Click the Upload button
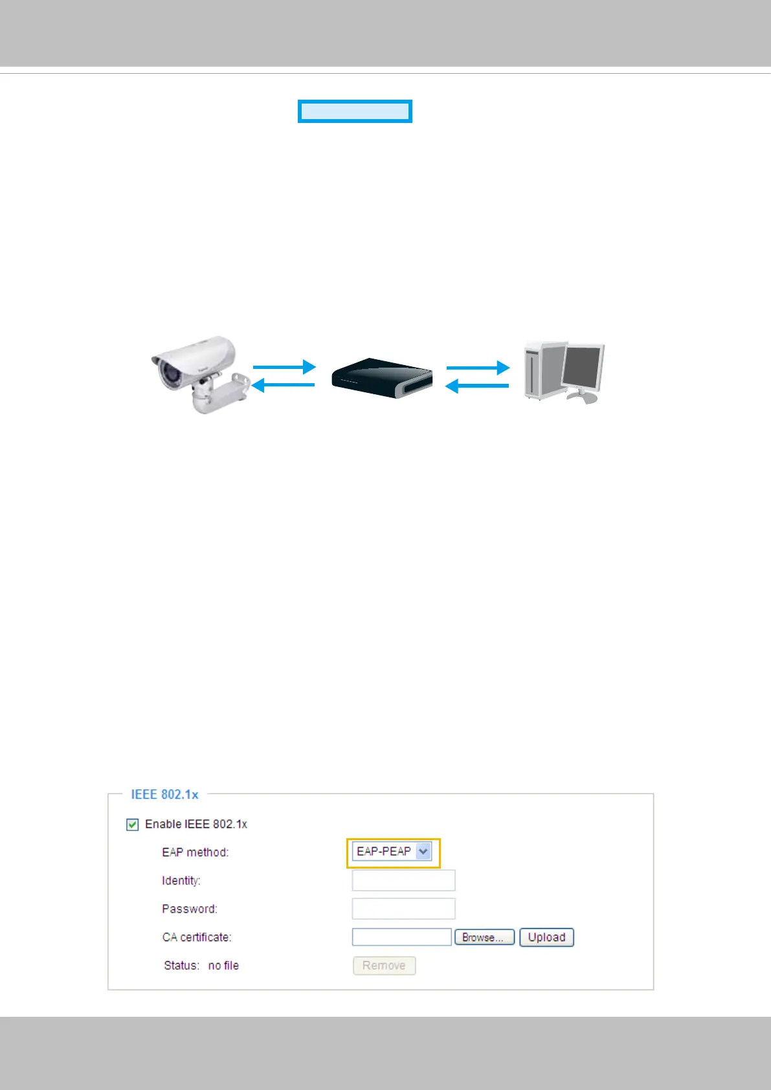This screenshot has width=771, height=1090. (546, 937)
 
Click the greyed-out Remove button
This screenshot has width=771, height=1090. (384, 966)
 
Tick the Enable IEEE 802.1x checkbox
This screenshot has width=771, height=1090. (133, 825)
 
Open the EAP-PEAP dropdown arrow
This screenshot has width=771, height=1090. (423, 852)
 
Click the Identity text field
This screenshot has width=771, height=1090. (403, 880)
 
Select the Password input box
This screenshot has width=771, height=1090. (403, 909)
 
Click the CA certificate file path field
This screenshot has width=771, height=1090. (401, 937)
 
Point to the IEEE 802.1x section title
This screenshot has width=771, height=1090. (164, 794)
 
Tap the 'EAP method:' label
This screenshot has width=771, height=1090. (195, 852)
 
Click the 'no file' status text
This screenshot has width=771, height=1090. (223, 966)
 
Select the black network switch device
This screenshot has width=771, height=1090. (381, 379)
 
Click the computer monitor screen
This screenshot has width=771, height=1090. (582, 366)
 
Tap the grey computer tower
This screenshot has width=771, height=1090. (541, 371)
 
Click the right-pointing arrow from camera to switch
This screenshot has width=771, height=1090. (284, 367)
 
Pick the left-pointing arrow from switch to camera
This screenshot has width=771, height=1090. (283, 386)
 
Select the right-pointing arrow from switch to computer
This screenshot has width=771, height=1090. (478, 368)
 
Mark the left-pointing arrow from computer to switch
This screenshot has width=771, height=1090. (477, 386)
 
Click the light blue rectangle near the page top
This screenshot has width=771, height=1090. (355, 111)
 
